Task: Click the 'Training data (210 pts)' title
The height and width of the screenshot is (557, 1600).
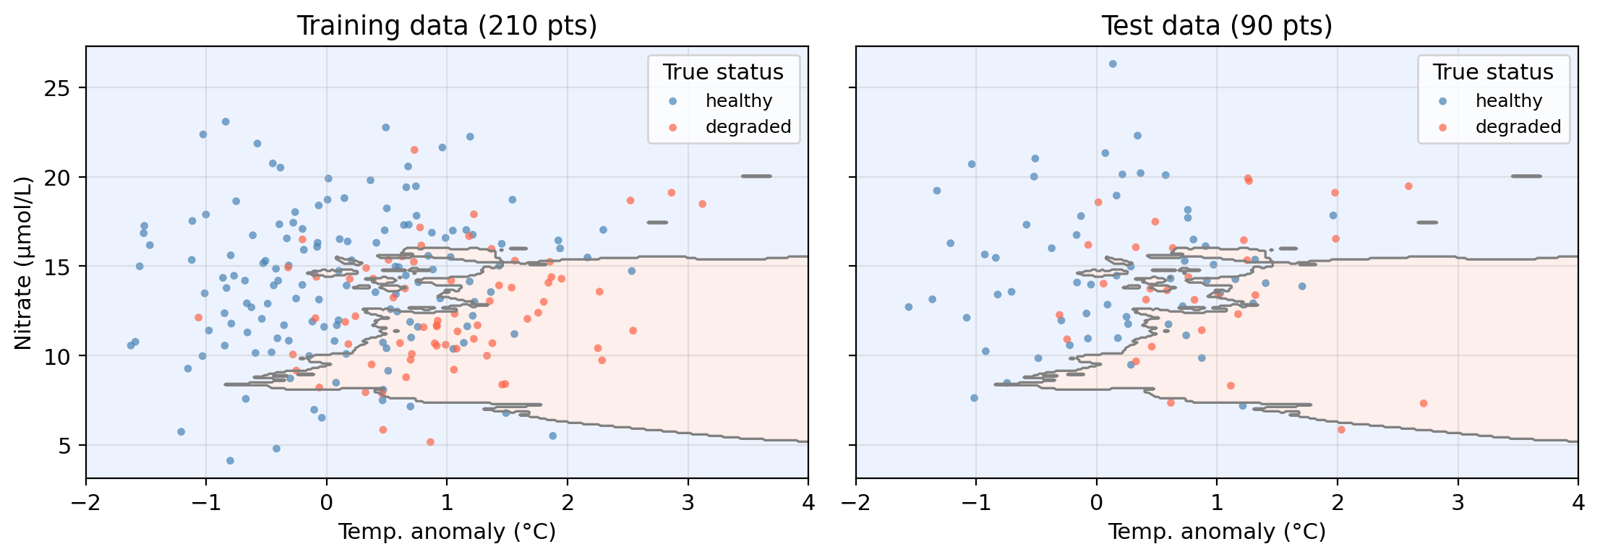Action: (447, 26)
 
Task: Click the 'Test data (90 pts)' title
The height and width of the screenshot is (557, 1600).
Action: (1216, 26)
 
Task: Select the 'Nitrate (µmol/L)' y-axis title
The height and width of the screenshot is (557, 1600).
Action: (24, 262)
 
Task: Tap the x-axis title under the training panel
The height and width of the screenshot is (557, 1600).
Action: (447, 532)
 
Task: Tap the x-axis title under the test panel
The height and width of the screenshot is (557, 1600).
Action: (1216, 532)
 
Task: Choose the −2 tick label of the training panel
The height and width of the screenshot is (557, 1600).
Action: (85, 502)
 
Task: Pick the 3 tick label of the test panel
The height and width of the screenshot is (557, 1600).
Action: (1458, 502)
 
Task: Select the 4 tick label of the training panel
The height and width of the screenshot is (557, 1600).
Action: (808, 502)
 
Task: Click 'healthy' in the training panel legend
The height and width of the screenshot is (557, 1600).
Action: (739, 101)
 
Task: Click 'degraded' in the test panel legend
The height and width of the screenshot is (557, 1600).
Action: (1518, 127)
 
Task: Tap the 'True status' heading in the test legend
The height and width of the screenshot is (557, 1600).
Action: (1493, 72)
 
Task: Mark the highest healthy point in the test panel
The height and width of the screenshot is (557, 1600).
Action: (1113, 64)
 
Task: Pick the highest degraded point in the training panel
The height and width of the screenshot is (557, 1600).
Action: (414, 150)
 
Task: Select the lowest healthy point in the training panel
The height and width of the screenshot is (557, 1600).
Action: (230, 460)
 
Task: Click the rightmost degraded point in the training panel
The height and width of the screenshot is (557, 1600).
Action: (702, 204)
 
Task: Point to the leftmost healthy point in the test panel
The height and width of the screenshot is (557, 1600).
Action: (909, 307)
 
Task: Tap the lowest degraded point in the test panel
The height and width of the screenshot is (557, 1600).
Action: (1341, 429)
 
